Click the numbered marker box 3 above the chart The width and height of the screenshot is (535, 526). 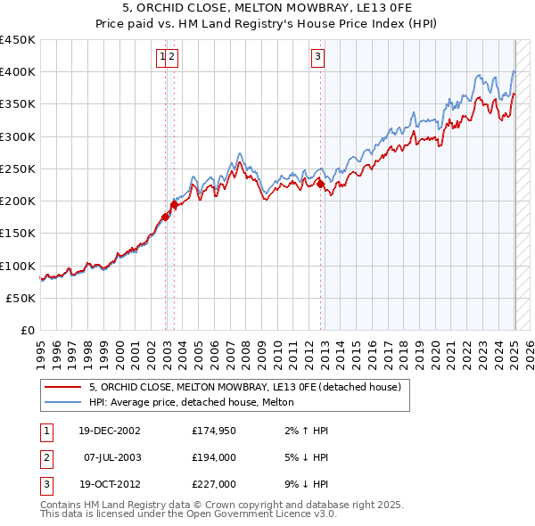pyautogui.click(x=318, y=58)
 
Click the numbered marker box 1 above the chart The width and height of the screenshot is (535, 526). pyautogui.click(x=162, y=58)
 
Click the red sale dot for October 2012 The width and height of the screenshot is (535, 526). pyautogui.click(x=320, y=185)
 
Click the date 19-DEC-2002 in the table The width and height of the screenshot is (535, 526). pyautogui.click(x=109, y=431)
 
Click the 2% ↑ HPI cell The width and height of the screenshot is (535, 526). pyautogui.click(x=305, y=431)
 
